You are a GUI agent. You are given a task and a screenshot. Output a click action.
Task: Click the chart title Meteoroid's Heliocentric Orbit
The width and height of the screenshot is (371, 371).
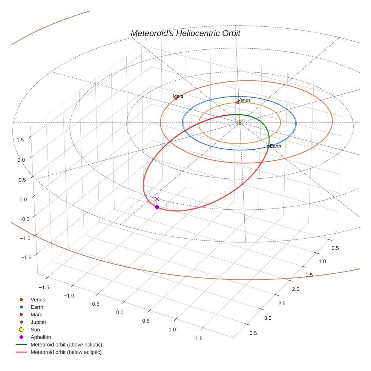point(185,33)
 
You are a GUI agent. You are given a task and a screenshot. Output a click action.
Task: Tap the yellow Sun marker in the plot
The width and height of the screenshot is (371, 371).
point(240,123)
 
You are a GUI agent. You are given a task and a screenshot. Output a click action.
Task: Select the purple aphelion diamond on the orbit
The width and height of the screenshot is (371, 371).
point(157,207)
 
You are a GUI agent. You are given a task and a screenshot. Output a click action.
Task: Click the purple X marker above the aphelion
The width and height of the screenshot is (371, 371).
point(157,199)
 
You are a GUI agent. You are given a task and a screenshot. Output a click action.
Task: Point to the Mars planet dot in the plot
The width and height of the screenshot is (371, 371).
point(176,99)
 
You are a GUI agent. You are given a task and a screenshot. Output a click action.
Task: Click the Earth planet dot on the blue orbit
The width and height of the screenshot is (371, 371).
point(268,146)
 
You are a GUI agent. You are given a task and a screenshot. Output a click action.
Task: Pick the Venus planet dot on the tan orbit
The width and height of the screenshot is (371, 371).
point(238,103)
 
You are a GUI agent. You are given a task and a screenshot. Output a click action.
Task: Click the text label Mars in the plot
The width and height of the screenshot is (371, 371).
point(178,96)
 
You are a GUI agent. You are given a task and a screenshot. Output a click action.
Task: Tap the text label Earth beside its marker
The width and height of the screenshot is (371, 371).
point(276,146)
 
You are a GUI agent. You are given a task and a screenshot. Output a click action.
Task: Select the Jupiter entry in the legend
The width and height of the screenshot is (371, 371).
point(38,322)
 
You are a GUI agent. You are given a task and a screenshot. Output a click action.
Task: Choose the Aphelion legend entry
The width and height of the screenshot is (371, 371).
point(41,337)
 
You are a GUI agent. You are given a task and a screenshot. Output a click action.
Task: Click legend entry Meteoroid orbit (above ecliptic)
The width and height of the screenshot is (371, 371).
point(66,345)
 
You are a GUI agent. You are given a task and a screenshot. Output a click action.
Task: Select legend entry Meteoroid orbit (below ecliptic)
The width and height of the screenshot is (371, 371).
point(66,352)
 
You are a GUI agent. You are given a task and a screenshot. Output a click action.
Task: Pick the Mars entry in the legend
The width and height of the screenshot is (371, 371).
point(36,314)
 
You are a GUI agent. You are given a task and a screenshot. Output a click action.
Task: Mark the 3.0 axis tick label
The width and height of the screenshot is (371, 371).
point(267,318)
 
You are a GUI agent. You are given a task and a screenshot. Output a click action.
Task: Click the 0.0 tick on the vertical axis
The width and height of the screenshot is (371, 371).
point(23,199)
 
